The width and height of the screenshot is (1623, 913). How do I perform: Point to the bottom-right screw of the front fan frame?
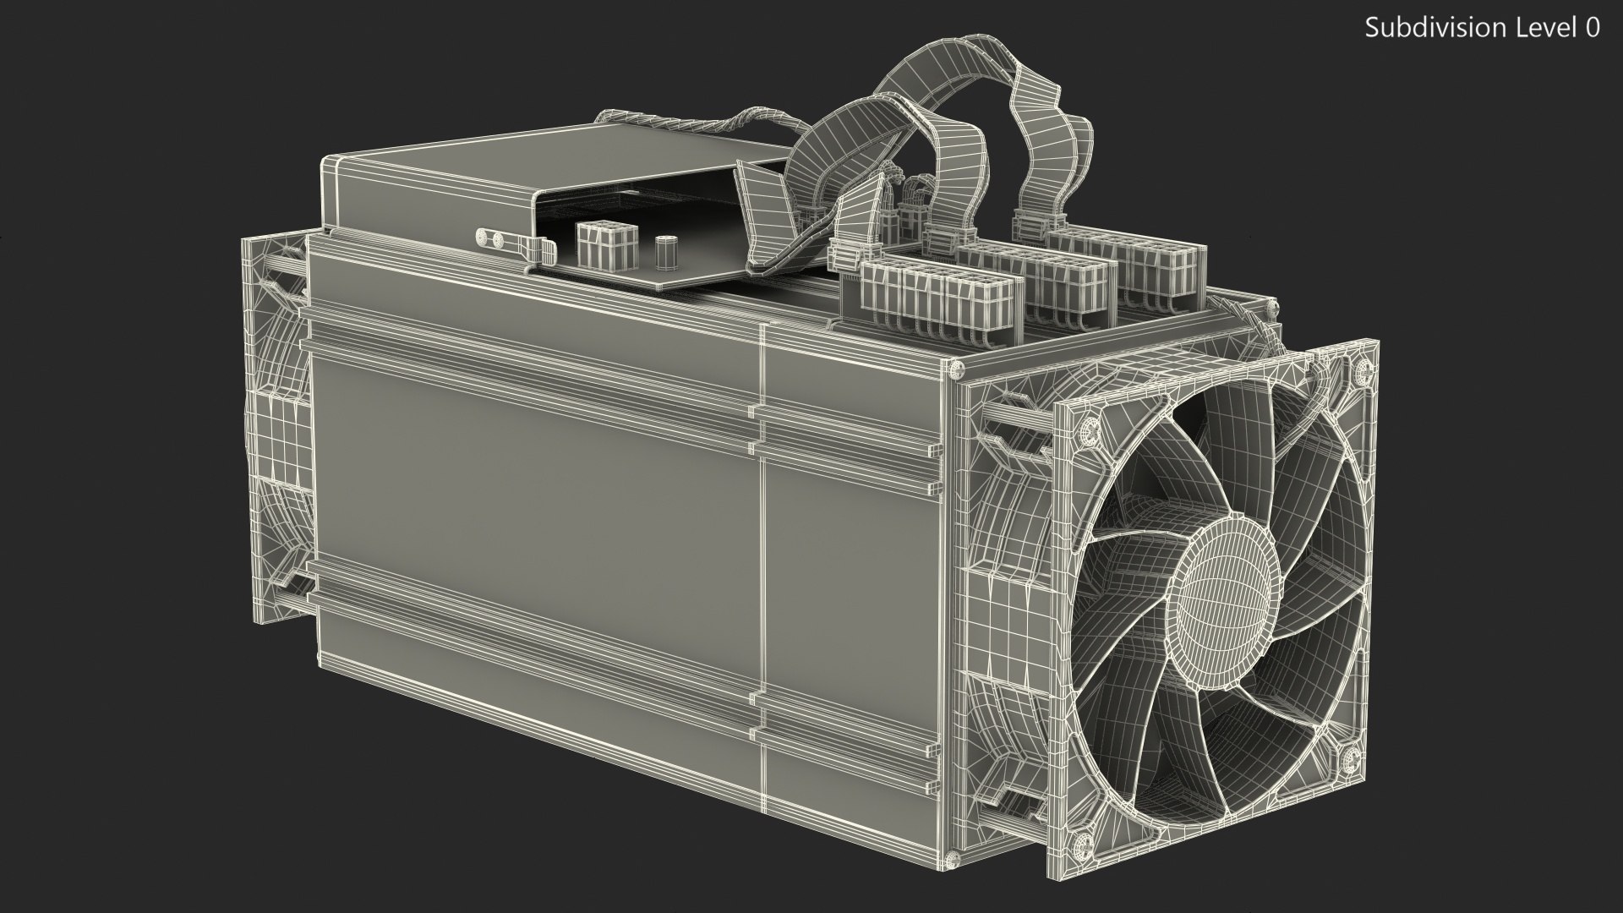pos(1350,755)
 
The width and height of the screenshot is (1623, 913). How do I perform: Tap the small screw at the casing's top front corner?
pos(955,369)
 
